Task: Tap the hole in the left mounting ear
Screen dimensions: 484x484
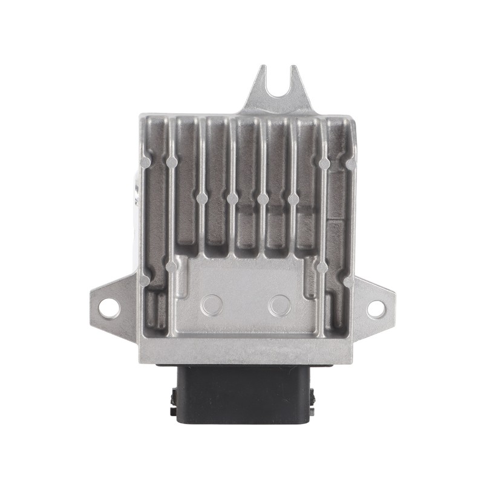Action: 109,307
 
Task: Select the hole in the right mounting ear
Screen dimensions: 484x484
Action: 376,308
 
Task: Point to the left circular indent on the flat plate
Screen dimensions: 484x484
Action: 212,304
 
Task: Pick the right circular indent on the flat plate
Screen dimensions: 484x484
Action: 279,304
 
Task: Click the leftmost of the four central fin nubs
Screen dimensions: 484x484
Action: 202,198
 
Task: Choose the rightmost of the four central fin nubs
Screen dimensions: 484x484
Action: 293,198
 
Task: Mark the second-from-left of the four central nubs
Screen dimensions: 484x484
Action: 232,198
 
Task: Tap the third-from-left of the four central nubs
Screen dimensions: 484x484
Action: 263,198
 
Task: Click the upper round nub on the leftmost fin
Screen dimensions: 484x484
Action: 172,162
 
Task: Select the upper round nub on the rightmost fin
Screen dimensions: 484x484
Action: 324,163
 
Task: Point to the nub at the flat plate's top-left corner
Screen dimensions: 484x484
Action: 172,266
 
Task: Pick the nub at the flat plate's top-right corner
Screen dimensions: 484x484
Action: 322,267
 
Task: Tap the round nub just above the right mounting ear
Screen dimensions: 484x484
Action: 348,281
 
